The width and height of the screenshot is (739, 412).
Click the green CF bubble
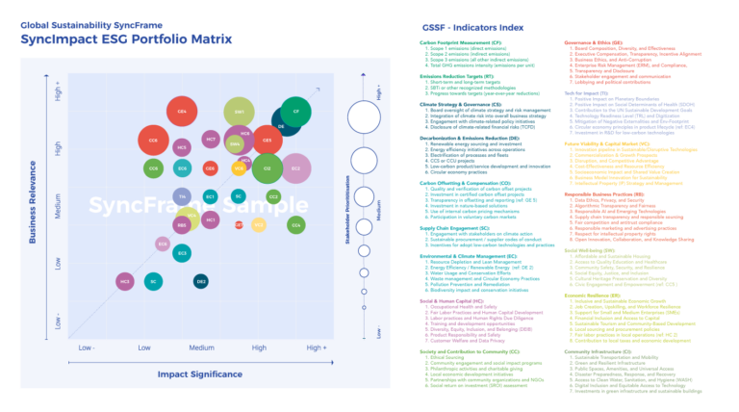[296, 113]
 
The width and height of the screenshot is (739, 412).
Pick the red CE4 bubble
[182, 113]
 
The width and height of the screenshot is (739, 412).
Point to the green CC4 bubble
[296, 224]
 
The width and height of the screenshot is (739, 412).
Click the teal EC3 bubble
[182, 253]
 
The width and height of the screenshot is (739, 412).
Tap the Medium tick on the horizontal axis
[201, 348]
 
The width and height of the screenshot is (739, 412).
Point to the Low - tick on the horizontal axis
[87, 348]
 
